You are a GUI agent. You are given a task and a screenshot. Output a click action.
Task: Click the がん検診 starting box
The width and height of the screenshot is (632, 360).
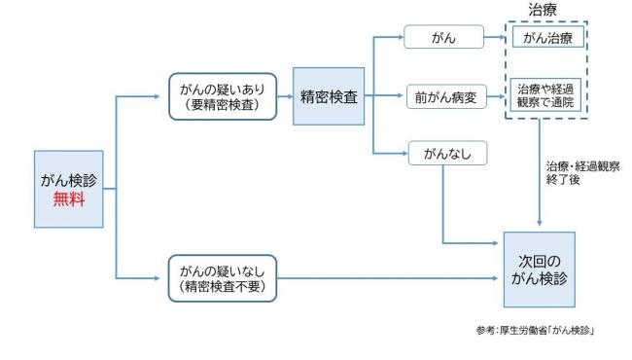(x=68, y=189)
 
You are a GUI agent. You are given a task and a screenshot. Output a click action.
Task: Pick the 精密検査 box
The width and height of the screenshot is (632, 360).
(x=330, y=97)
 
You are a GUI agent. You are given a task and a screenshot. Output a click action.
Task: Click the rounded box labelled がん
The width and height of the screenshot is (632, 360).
(x=444, y=38)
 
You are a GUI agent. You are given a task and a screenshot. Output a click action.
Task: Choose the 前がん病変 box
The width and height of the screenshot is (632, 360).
(x=444, y=97)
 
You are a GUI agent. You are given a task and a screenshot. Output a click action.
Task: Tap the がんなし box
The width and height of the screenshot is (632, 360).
(x=444, y=154)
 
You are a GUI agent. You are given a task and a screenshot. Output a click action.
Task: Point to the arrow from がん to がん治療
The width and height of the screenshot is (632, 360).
(x=497, y=39)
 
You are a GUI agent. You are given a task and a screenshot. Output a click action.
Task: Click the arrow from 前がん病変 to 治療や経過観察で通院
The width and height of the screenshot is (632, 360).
(x=497, y=97)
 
